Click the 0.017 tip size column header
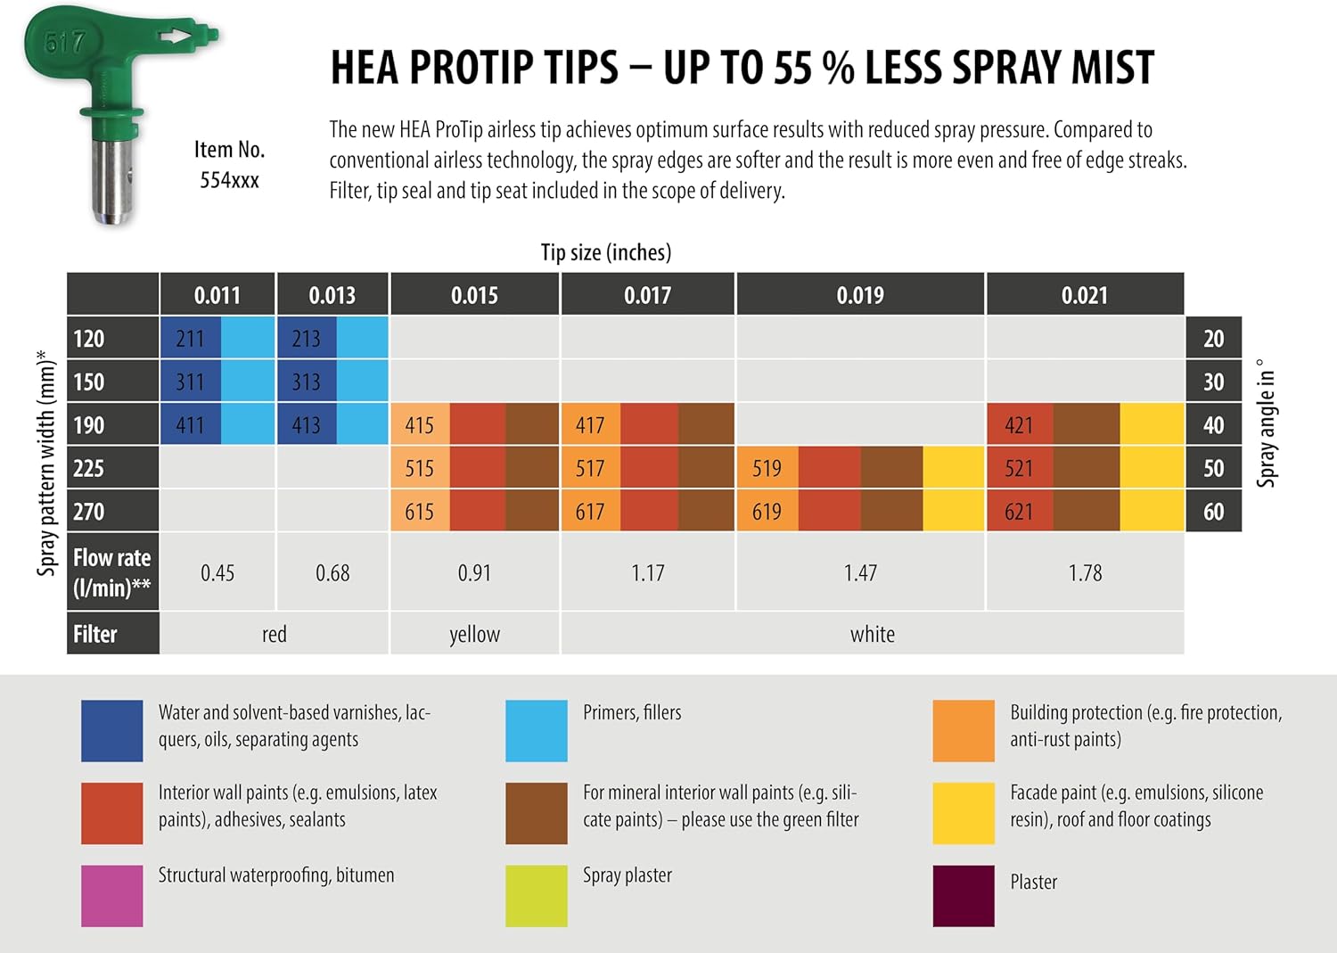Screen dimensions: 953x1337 click(x=647, y=295)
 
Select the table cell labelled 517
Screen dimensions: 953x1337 click(x=590, y=468)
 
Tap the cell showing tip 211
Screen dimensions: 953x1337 click(x=190, y=339)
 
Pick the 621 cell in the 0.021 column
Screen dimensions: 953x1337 click(x=1019, y=512)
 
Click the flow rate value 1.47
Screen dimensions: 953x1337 click(x=860, y=572)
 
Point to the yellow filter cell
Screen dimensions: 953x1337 click(x=474, y=634)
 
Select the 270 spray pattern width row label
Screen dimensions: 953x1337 click(x=89, y=512)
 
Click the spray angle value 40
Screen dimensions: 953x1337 click(x=1213, y=425)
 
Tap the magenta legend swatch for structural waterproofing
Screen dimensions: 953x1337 click(x=111, y=895)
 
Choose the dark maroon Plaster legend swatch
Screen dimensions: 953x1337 click(x=963, y=895)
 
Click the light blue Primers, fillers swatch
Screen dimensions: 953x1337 click(x=536, y=730)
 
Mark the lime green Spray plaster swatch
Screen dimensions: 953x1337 click(x=536, y=895)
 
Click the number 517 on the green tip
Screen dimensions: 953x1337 click(x=64, y=42)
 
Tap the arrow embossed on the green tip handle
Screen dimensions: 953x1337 click(x=176, y=37)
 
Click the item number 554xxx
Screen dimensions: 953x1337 click(x=229, y=180)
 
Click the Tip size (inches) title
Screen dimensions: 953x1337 click(x=606, y=252)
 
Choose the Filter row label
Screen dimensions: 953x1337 click(x=95, y=634)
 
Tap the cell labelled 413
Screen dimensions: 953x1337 click(x=306, y=425)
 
